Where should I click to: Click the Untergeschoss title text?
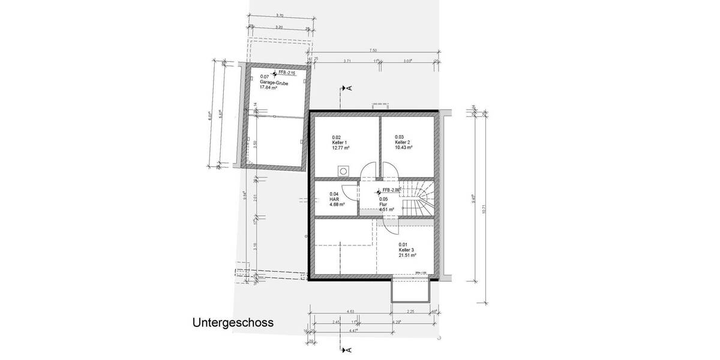pos(233,322)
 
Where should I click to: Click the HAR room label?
pos(334,199)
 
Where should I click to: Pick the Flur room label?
pos(383,204)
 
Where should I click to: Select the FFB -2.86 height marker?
pos(388,191)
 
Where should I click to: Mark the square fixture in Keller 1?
pos(344,170)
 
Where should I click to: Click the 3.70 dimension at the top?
pos(278,14)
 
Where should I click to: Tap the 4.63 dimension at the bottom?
pos(350,311)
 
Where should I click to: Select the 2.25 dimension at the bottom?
pos(410,311)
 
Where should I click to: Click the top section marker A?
pos(348,88)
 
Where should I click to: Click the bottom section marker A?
pos(348,349)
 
